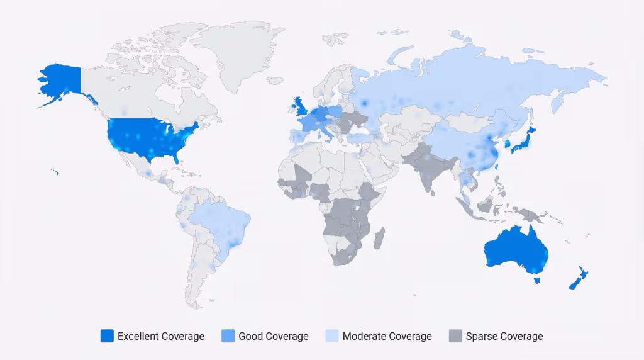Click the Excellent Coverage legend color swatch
click(x=107, y=336)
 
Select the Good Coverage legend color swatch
click(x=228, y=336)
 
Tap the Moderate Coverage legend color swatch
click(x=332, y=336)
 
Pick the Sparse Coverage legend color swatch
click(x=455, y=336)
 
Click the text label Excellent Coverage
click(x=161, y=336)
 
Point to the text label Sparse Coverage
click(x=504, y=336)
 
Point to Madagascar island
click(x=379, y=237)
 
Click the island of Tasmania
click(x=536, y=279)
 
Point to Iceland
click(x=274, y=81)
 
